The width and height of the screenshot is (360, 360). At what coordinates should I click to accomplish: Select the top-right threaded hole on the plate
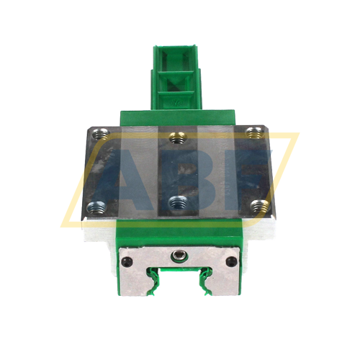(252, 132)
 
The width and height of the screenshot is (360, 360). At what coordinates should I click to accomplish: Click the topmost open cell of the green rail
(176, 59)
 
